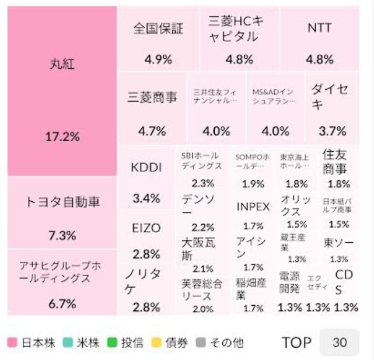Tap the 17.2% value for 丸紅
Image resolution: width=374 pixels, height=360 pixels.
coord(62,138)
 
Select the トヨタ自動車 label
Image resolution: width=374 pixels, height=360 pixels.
coord(62,202)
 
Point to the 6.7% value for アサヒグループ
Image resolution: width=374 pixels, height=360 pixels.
coord(62,303)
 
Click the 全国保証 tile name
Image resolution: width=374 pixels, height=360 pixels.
coord(158,28)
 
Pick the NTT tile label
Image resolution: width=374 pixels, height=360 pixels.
coord(319,28)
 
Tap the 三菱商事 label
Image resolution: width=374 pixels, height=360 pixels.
coord(152,97)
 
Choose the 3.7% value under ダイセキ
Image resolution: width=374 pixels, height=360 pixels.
coord(332,131)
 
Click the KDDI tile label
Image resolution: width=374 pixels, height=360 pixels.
coord(146,167)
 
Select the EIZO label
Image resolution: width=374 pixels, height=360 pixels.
coord(146,228)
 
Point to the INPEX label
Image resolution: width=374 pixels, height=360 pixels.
coord(253,207)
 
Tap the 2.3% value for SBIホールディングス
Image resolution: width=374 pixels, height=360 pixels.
coord(202,183)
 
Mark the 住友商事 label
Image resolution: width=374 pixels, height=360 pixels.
coord(335,162)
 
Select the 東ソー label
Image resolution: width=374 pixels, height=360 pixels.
coord(335,242)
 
